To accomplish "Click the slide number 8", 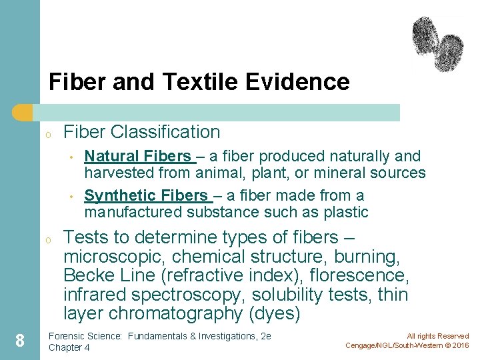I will point(20,341).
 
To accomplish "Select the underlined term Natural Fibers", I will point(138,156).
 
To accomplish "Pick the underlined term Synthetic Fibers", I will point(147,195).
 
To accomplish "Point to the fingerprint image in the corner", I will point(437,44).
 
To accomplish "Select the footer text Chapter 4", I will point(69,347).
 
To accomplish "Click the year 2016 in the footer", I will point(459,345).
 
